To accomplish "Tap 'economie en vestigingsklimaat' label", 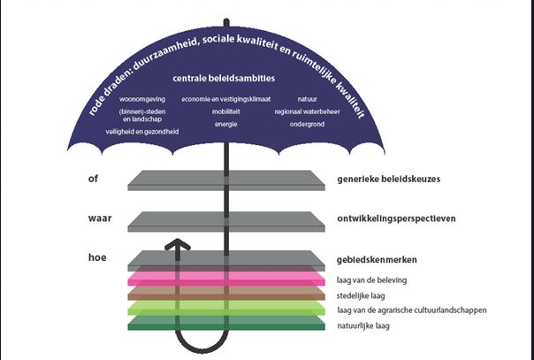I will (225, 99).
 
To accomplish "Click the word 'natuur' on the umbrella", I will (308, 99).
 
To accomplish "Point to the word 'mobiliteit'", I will (225, 112).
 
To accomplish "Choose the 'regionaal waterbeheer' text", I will (308, 112).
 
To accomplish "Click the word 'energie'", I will (225, 125).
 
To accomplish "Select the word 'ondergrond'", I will (306, 125).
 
